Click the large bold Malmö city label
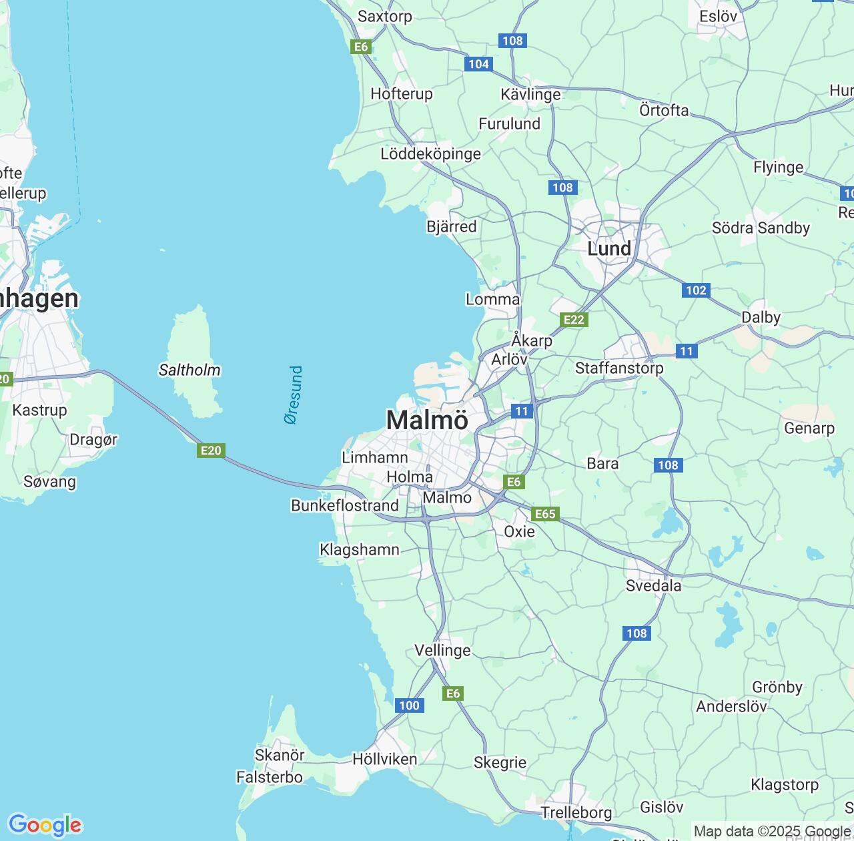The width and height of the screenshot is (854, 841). pyautogui.click(x=427, y=420)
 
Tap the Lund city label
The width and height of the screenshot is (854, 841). pyautogui.click(x=608, y=249)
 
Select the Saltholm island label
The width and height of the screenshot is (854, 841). pyautogui.click(x=189, y=370)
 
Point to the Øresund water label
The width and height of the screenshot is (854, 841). pyautogui.click(x=293, y=395)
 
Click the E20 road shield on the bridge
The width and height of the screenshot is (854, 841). pyautogui.click(x=211, y=451)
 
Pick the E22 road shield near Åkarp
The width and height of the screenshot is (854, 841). pyautogui.click(x=574, y=320)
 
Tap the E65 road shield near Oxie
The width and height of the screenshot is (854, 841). pyautogui.click(x=545, y=513)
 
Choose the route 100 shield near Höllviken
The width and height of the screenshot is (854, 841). pyautogui.click(x=409, y=706)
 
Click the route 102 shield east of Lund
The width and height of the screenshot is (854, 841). pyautogui.click(x=696, y=290)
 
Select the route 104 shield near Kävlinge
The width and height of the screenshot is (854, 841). pyautogui.click(x=479, y=64)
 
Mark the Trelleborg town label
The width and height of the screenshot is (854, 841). pyautogui.click(x=576, y=812)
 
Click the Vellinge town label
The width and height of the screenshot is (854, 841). pyautogui.click(x=442, y=650)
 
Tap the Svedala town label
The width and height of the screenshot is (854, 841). pyautogui.click(x=653, y=586)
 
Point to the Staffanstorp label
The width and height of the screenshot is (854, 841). pyautogui.click(x=619, y=368)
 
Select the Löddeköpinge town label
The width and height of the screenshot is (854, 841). pyautogui.click(x=430, y=154)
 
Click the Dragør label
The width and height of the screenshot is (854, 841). pyautogui.click(x=93, y=439)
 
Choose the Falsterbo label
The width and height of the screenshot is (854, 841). pyautogui.click(x=270, y=777)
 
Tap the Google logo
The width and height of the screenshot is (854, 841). pyautogui.click(x=45, y=825)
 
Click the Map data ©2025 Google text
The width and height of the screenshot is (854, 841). pyautogui.click(x=771, y=832)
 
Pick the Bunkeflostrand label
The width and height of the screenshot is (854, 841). pyautogui.click(x=345, y=505)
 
